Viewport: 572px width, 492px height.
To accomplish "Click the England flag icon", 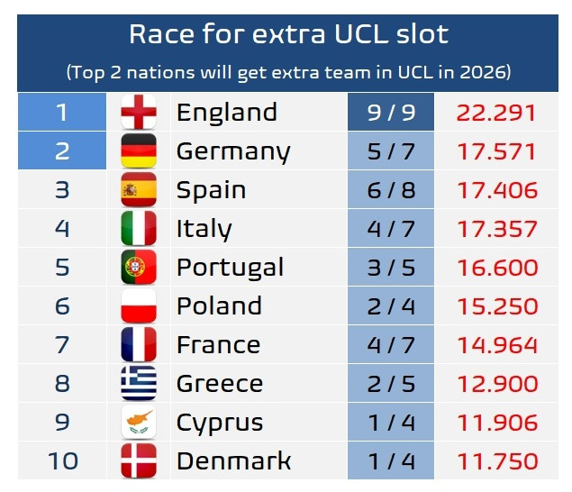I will pos(139,113).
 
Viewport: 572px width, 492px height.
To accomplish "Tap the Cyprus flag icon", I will pos(139,423).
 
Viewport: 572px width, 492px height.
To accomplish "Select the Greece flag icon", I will pos(139,384).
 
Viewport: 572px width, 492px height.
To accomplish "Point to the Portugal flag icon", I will pos(139,268).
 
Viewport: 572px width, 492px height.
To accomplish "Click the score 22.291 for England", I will pos(496,113).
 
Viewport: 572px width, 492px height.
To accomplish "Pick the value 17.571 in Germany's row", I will pos(496,151).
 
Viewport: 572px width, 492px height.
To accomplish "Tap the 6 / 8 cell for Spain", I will pos(391,190).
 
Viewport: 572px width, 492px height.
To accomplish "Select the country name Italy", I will pos(204,229).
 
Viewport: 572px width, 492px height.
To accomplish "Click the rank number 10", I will pos(62,461).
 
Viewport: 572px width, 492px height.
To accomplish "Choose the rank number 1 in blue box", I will pos(62,113).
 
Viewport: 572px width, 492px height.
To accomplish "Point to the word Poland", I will pos(219,306).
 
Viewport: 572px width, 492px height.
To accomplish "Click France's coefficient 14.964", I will pos(496,345).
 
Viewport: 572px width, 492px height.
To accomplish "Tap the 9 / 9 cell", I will pos(391,113).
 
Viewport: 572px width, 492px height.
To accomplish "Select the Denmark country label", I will pos(233,461).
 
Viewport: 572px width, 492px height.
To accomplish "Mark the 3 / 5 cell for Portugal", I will pos(391,268).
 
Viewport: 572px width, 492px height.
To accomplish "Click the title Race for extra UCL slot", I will pos(288,34).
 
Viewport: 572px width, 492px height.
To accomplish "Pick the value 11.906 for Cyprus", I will pos(496,423).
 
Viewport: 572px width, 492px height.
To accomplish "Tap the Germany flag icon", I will pos(139,151).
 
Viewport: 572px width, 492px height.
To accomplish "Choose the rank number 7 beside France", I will pos(62,345).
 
